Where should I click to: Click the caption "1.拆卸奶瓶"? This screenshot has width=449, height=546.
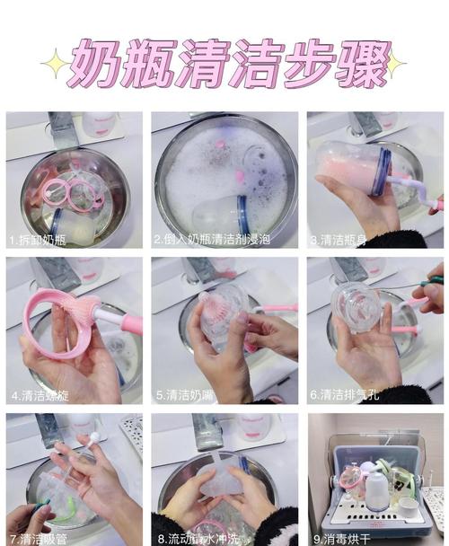(x=38, y=241)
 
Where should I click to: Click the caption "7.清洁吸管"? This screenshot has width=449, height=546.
(x=37, y=537)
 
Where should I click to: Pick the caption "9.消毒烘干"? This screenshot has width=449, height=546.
(x=344, y=537)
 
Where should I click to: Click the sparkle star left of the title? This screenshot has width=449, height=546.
(x=55, y=64)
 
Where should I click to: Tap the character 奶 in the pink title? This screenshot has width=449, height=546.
(x=95, y=62)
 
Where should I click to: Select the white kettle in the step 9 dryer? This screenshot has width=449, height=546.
(x=377, y=489)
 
